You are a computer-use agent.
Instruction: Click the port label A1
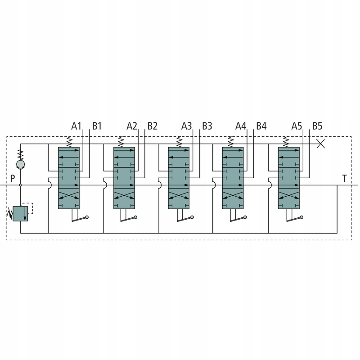(76, 126)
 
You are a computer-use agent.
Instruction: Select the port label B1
(97, 126)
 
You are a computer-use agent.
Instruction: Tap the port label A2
(131, 126)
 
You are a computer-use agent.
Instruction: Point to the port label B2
(152, 126)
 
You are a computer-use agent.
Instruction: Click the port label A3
(186, 126)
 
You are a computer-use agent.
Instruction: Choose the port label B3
(207, 126)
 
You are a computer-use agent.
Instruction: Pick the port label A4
(241, 126)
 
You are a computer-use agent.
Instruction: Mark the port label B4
(261, 126)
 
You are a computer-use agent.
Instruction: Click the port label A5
(296, 126)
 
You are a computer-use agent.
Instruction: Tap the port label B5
(317, 126)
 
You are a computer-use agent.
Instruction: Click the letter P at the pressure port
(13, 178)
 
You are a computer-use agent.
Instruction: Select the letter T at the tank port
(344, 178)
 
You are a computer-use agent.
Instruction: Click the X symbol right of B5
(321, 144)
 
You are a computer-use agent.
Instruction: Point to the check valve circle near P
(20, 165)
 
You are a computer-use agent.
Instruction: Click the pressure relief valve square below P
(20, 213)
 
